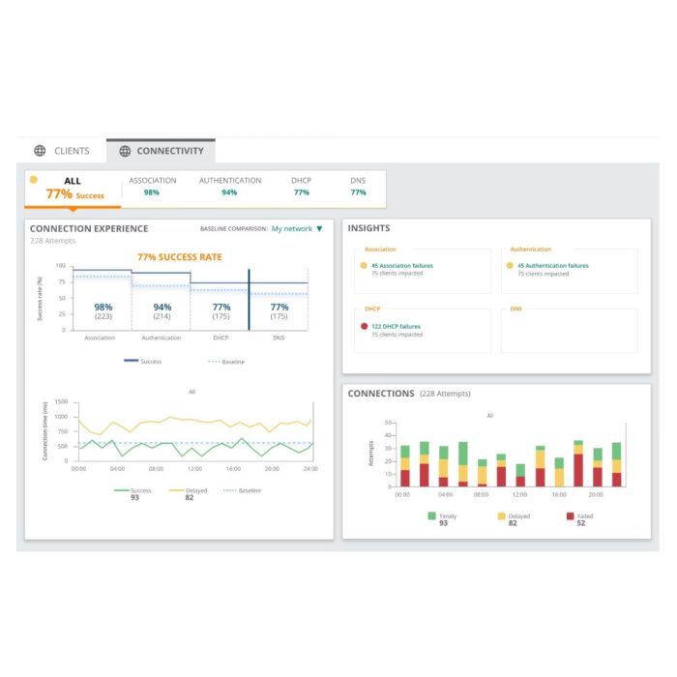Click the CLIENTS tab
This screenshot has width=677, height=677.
63,151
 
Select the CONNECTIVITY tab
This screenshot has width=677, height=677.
161,151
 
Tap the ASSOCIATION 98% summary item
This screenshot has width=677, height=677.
152,187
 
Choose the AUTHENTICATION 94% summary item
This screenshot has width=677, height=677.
230,187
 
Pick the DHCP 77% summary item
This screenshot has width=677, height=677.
301,187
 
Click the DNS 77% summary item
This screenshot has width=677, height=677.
358,187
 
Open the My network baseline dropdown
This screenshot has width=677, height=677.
297,229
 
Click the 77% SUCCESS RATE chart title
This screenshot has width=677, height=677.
179,257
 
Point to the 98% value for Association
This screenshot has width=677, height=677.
103,307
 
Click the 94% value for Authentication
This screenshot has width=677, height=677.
161,307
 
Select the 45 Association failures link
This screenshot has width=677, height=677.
402,265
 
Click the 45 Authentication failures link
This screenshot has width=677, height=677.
552,265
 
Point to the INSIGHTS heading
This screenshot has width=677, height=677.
368,229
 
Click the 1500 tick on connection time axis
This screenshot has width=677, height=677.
62,401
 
